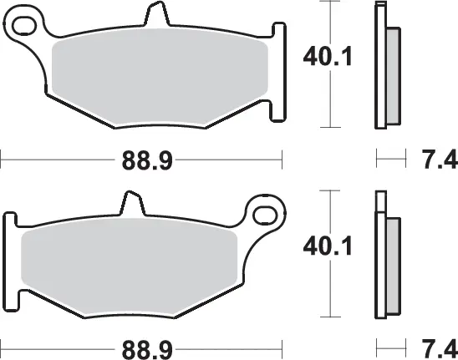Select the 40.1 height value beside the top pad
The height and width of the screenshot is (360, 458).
[x=321, y=58]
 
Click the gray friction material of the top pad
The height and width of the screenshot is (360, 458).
[x=159, y=84]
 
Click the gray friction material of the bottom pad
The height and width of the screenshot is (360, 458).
[x=134, y=269]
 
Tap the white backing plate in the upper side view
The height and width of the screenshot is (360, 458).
[x=380, y=67]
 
